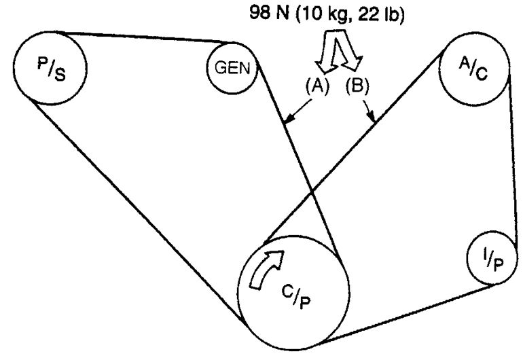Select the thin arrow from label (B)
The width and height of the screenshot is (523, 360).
pos(370,112)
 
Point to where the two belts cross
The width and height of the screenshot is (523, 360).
pos(312,194)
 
